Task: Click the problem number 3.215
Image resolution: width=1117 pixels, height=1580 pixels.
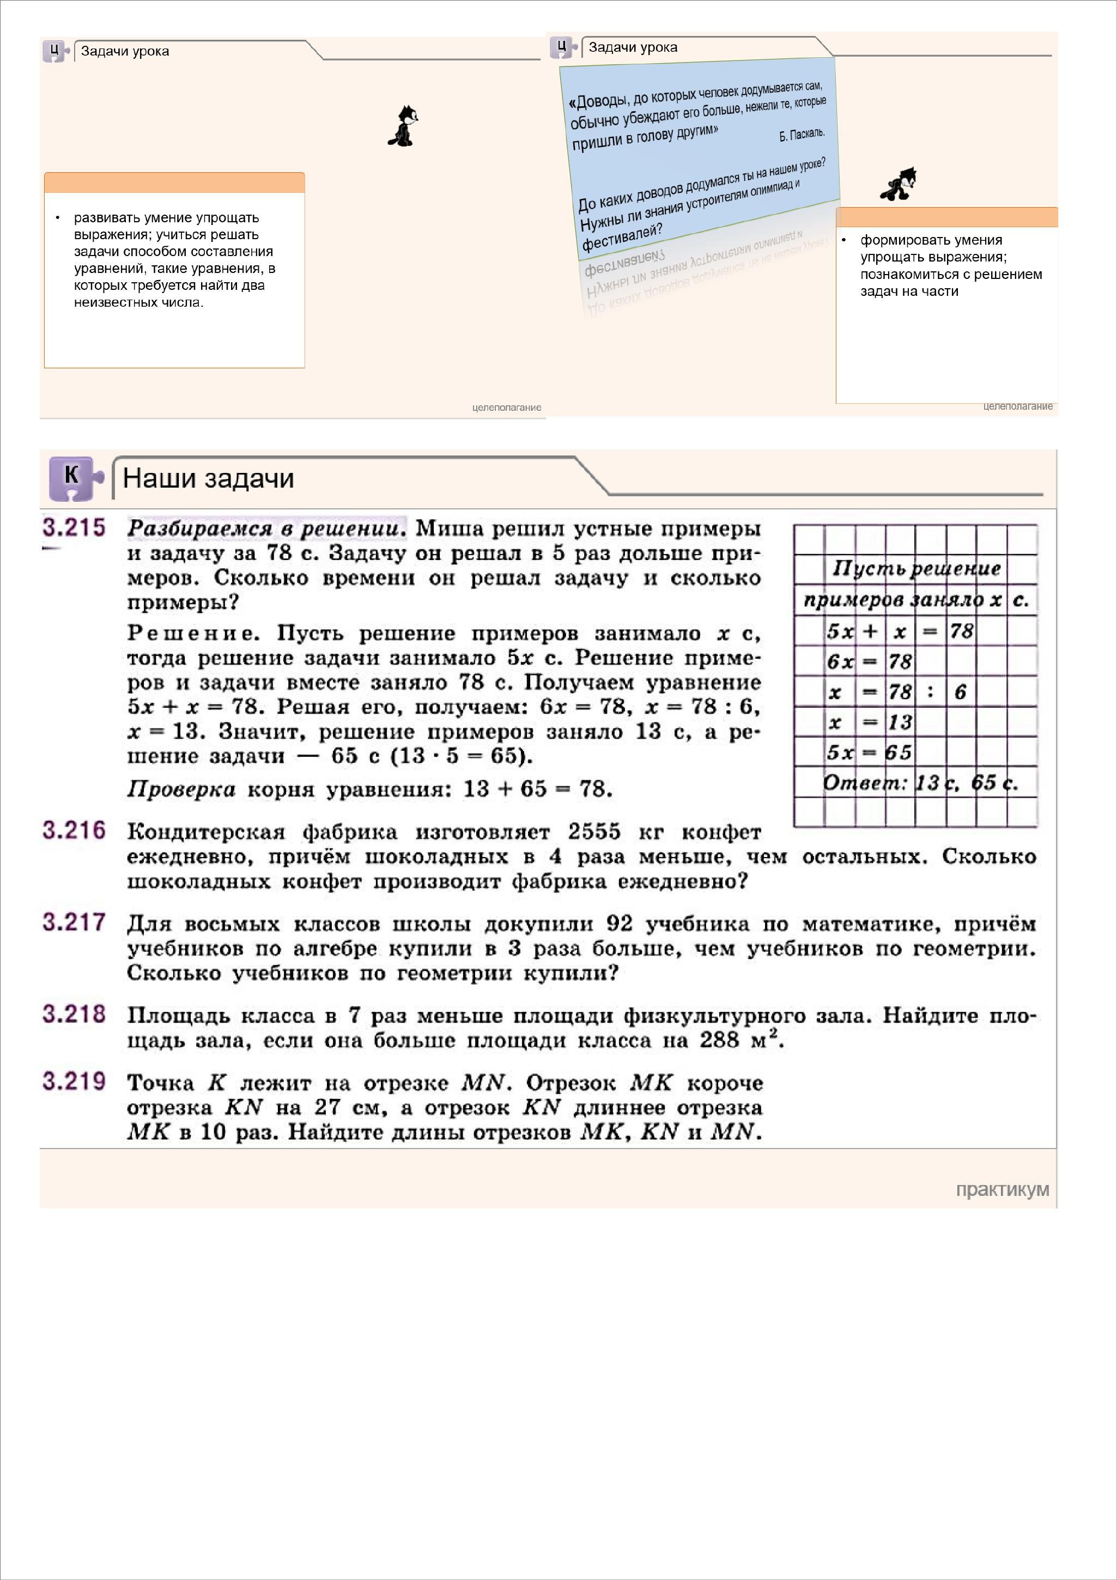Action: tap(74, 528)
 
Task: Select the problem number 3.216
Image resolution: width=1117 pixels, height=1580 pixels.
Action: tap(74, 831)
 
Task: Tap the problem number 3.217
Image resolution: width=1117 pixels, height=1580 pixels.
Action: tap(74, 922)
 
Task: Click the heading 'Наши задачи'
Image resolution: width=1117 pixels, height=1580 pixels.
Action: tap(208, 478)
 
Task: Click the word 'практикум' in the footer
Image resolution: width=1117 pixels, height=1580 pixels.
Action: tap(1002, 1189)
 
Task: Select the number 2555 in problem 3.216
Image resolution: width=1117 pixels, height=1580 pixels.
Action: tap(594, 832)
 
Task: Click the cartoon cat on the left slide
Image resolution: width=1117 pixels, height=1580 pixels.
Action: tap(403, 126)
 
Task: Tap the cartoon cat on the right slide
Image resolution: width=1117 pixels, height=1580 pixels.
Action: tap(899, 185)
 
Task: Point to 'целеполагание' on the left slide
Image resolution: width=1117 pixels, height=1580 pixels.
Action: tap(507, 408)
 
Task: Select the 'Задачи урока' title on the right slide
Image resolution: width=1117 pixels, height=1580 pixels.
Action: tap(633, 47)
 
